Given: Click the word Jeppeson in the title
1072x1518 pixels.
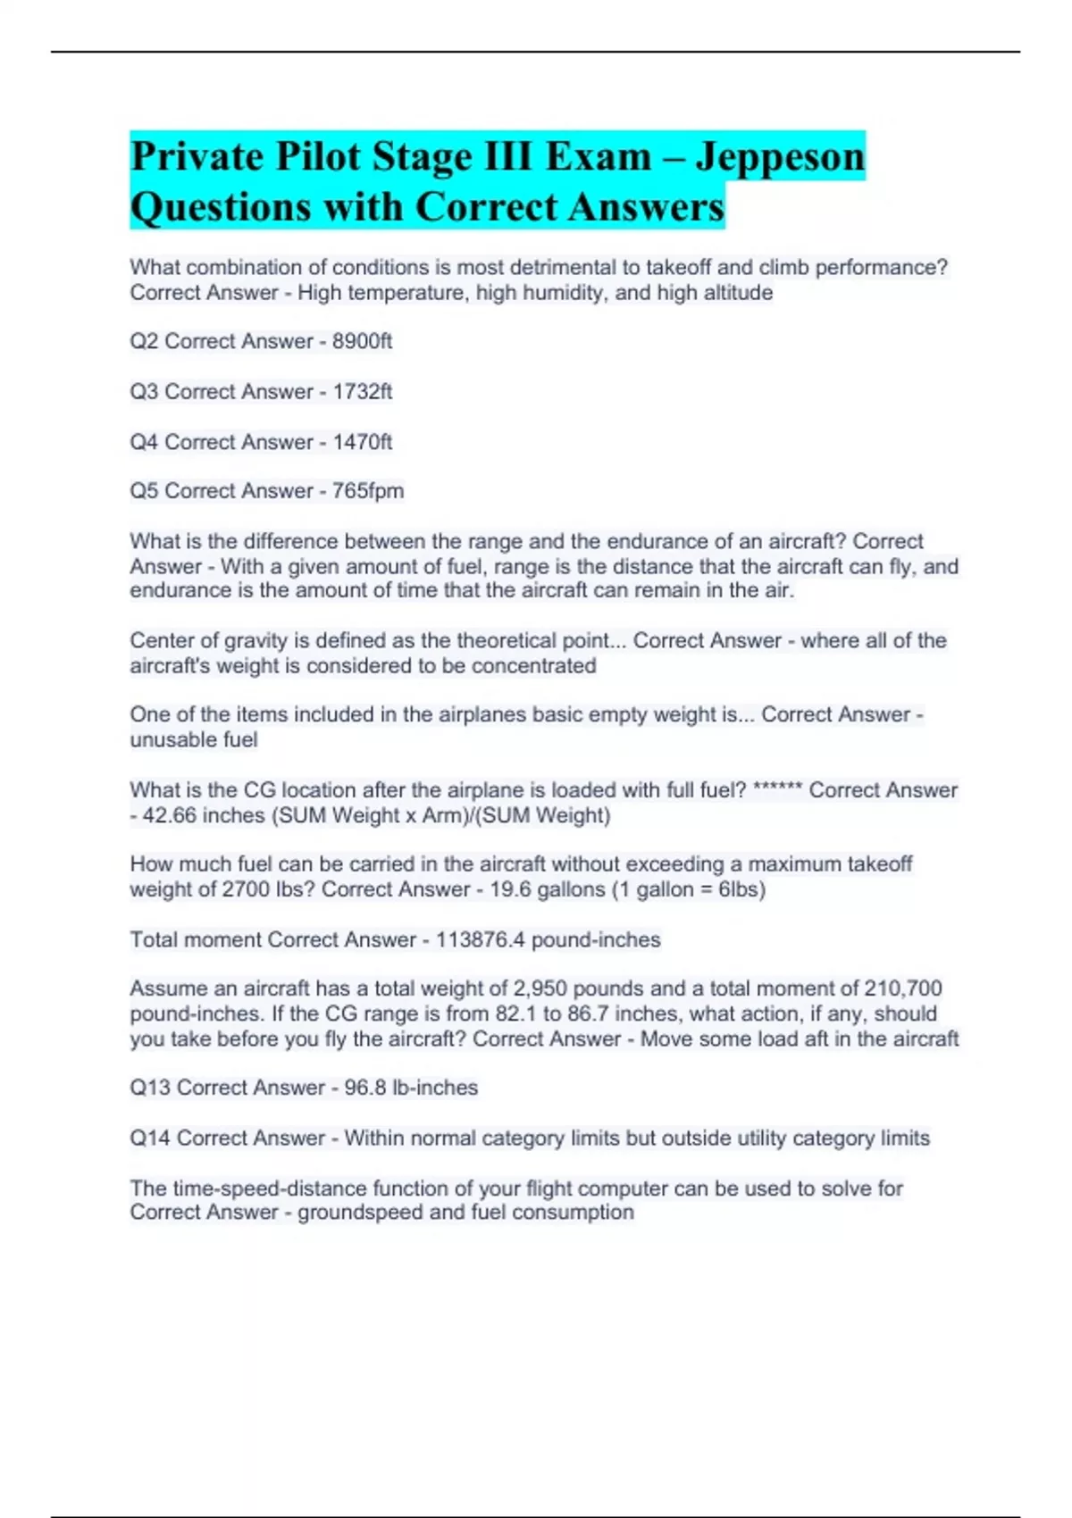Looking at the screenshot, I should (780, 157).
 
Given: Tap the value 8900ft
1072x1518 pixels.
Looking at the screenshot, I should (362, 341).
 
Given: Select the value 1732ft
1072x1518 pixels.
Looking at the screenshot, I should (362, 391).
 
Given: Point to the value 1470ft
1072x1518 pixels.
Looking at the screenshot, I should (362, 442).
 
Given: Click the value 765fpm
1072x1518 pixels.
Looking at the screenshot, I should (367, 491).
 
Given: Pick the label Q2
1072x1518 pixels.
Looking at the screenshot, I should (144, 341).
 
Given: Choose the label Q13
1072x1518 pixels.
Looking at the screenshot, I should (149, 1088).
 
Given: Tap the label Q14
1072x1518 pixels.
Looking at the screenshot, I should (149, 1138).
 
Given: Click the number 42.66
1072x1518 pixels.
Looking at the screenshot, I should (169, 815).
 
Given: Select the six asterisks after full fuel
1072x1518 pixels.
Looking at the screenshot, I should (777, 790).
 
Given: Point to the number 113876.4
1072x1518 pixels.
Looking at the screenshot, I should (480, 939).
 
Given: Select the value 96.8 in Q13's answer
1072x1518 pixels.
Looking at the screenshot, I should (364, 1088).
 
